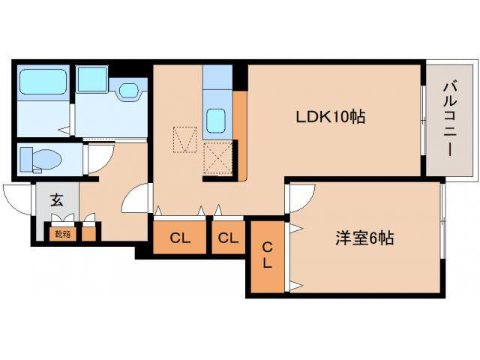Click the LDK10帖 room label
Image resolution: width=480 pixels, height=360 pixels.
tap(330, 117)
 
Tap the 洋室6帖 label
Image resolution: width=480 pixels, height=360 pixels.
tap(364, 238)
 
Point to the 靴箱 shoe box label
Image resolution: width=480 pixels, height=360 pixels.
tap(61, 234)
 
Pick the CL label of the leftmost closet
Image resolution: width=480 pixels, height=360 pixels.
tap(179, 238)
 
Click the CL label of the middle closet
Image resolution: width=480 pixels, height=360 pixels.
tap(228, 238)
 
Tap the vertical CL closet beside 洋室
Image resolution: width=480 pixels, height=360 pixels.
tap(267, 255)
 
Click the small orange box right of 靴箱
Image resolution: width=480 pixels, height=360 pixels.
tap(89, 234)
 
